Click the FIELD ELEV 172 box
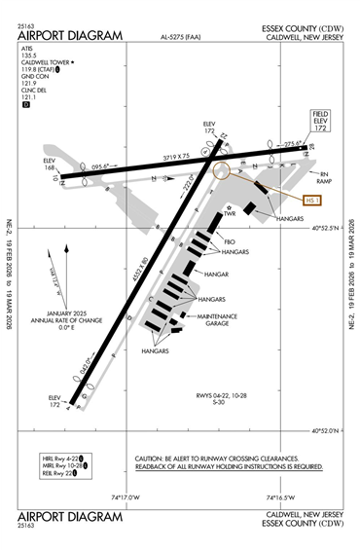point(321,121)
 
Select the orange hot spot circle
point(223,171)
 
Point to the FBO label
point(232,241)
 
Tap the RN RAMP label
point(330,179)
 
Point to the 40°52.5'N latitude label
point(331,229)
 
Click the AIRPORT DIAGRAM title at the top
point(70,36)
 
